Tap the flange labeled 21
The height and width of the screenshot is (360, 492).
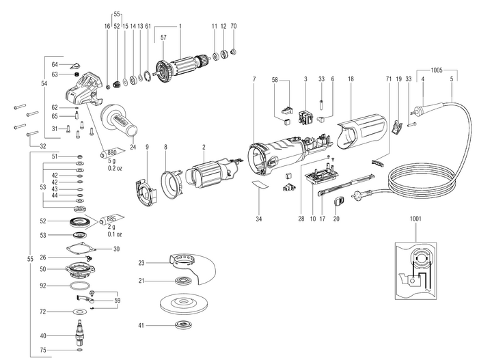click(184, 281)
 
